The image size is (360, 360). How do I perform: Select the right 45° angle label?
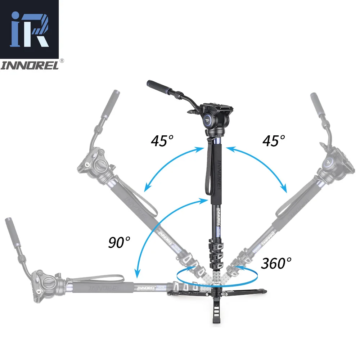pos(274,140)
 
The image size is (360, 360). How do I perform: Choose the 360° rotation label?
pos(276,264)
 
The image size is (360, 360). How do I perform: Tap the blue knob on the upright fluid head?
pos(209,120)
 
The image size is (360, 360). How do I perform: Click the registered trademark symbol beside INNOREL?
pos(62,61)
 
